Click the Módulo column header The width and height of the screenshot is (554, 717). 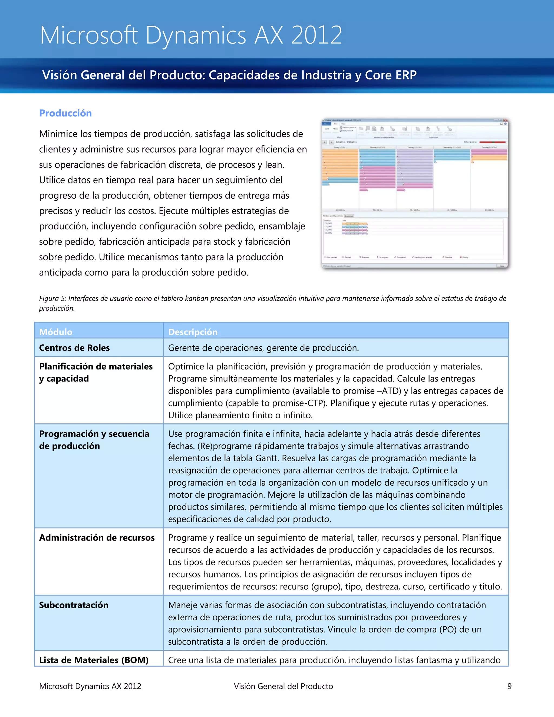click(x=55, y=332)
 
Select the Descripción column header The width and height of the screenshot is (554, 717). click(x=193, y=332)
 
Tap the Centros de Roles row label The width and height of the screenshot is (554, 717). click(x=74, y=348)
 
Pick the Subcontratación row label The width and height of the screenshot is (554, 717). click(x=74, y=605)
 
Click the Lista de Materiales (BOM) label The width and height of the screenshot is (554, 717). click(x=94, y=660)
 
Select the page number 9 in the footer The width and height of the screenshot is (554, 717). click(x=509, y=686)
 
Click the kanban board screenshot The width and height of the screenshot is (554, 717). click(x=415, y=194)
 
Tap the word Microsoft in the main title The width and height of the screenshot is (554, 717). click(x=89, y=35)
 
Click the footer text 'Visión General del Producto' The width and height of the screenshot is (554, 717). click(x=283, y=686)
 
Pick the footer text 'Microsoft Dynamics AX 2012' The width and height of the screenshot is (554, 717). click(x=90, y=686)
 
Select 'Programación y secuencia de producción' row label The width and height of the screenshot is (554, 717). click(x=94, y=440)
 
